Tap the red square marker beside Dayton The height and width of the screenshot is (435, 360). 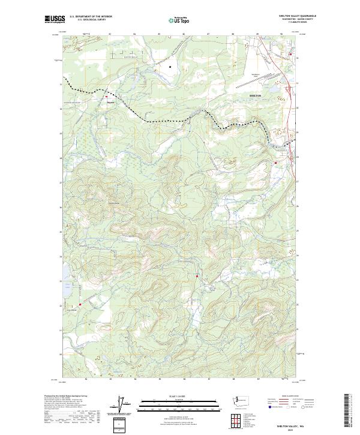tap(107, 96)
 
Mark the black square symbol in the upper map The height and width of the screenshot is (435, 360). tap(170, 67)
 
